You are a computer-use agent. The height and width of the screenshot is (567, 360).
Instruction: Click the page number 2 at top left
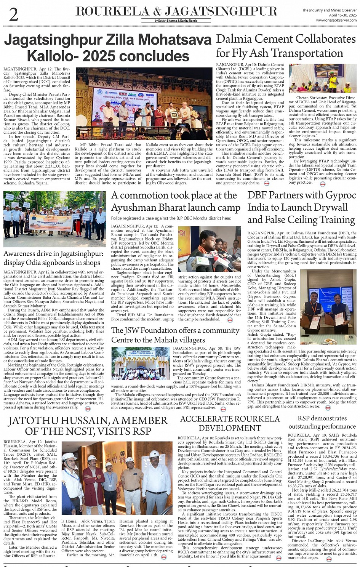(14, 14)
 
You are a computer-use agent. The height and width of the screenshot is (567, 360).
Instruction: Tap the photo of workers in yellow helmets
(322, 78)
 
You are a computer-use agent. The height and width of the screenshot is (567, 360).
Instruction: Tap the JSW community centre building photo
(141, 363)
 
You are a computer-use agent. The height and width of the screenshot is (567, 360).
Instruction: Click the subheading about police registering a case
(171, 218)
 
